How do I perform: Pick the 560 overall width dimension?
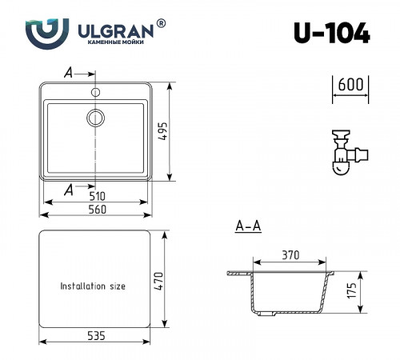[97, 209]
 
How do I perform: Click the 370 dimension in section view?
[290, 256]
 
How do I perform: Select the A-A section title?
[248, 227]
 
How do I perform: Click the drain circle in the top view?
[96, 118]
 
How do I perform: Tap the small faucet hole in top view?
[97, 91]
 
